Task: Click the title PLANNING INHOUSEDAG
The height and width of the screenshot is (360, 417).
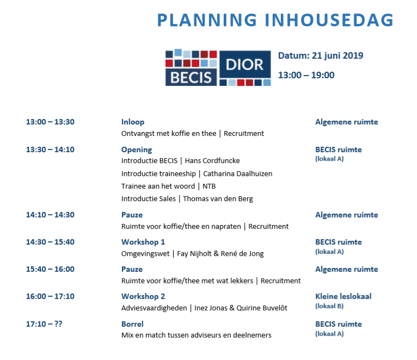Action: coord(275,20)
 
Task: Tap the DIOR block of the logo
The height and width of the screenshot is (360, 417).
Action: coord(245,65)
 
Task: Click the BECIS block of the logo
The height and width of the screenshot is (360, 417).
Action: coord(191,77)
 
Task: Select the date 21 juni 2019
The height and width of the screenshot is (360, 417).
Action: coord(338,55)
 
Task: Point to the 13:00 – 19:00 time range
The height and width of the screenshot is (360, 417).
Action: coord(306,75)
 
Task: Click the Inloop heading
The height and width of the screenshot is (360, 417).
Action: coord(133,122)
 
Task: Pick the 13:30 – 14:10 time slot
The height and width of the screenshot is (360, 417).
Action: coord(50,150)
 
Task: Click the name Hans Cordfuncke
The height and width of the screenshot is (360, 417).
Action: coord(212,161)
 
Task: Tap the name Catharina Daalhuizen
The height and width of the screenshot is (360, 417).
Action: coord(237,174)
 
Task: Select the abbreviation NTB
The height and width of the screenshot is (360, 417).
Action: coord(209,186)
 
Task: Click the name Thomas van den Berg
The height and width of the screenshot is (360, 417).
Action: coord(218,198)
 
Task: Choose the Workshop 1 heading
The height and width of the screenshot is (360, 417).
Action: coord(143,242)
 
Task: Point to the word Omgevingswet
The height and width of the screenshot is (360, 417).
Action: coord(145,254)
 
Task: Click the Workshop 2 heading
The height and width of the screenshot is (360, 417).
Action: coord(143,296)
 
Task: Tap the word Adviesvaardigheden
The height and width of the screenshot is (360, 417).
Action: coord(154,308)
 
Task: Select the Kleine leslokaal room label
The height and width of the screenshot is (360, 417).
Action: coord(344,296)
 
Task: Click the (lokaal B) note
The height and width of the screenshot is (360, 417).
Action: coord(329,306)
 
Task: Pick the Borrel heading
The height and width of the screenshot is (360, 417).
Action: coord(132,324)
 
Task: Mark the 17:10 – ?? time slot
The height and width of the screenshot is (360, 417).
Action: coord(44,324)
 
